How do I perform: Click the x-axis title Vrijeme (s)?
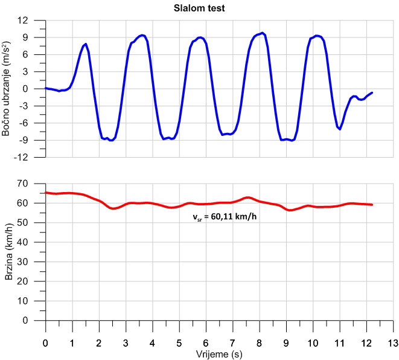click(219, 353)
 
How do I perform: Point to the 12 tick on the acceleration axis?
click(24, 20)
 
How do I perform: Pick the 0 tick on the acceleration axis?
click(26, 89)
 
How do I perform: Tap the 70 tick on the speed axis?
click(24, 183)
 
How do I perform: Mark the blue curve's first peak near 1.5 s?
click(86, 44)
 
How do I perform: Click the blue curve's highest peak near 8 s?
click(262, 33)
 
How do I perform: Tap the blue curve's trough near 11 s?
click(340, 129)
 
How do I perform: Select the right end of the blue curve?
click(372, 92)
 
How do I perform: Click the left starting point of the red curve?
click(46, 193)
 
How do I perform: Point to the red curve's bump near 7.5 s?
click(247, 198)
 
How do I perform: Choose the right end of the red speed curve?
click(372, 205)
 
